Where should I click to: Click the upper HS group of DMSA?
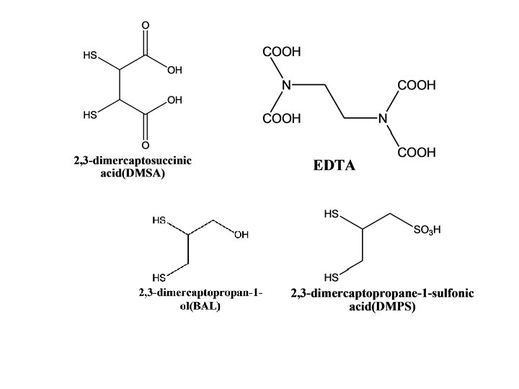point(91,55)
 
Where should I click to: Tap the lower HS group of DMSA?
point(91,115)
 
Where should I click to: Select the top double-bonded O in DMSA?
point(145,26)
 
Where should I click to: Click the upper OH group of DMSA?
point(174,71)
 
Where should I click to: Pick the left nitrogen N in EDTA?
point(287,85)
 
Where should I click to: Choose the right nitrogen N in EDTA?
point(383,119)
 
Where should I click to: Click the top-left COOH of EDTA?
point(282,52)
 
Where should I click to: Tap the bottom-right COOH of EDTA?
point(417,153)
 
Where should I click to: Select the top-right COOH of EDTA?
point(417,85)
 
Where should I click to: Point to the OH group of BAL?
point(241,233)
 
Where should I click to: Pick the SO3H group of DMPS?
point(427,231)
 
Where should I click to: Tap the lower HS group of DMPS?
point(332,277)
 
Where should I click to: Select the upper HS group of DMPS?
point(332,214)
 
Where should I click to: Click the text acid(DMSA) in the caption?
point(133,173)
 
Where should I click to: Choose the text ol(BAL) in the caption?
point(200,305)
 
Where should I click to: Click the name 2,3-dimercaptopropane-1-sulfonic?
point(382,294)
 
